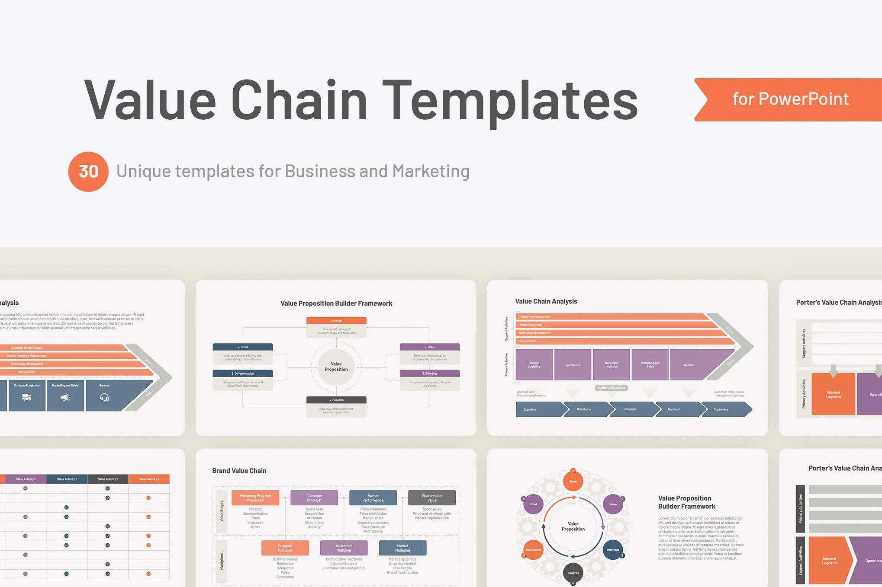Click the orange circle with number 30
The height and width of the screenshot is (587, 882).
point(88,172)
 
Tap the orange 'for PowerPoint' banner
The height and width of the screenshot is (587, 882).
point(790,99)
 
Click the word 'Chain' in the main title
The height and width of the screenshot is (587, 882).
point(299,100)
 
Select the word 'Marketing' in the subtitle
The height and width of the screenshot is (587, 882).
point(431,171)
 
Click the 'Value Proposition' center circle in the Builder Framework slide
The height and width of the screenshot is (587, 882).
point(336,367)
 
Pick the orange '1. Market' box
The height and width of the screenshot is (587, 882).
point(336,321)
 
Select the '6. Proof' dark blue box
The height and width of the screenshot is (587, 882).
point(242,347)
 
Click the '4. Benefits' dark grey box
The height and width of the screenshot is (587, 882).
point(336,400)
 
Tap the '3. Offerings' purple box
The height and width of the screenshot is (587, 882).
point(429,373)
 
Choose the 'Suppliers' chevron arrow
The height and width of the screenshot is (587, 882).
point(539,409)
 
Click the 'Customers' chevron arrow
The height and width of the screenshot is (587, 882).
point(725,409)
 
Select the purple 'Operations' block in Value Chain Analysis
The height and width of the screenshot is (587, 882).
point(573,365)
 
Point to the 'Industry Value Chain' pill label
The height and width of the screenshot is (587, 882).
point(611,388)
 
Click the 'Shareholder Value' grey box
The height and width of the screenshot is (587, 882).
point(432,498)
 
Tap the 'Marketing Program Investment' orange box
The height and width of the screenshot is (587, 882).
point(255,498)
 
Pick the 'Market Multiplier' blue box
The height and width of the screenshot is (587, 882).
point(402,548)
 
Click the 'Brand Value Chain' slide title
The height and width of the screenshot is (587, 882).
point(239,471)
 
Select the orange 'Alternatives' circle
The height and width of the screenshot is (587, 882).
point(533,550)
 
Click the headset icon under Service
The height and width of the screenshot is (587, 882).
point(104,398)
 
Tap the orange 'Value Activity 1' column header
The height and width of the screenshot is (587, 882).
point(149,479)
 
